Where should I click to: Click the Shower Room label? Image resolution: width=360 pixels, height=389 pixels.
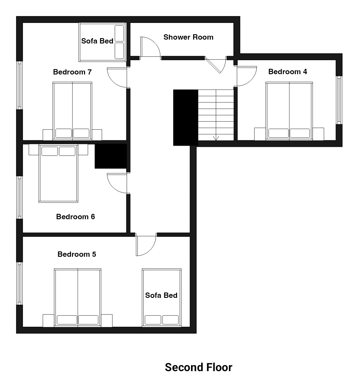188,37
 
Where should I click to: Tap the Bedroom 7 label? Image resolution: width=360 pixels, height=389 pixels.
72,72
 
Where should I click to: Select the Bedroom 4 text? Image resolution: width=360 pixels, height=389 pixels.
288,71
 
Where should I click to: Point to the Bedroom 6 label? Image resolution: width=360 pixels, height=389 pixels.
75,217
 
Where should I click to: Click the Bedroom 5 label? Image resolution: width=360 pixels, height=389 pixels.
77,254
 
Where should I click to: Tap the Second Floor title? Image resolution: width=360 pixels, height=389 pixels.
198,367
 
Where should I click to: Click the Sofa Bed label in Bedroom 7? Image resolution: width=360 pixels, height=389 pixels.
97,41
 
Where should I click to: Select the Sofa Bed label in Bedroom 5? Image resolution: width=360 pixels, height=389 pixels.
161,295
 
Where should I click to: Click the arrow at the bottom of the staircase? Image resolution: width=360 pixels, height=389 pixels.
216,138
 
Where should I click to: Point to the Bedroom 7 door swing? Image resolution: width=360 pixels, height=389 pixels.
113,82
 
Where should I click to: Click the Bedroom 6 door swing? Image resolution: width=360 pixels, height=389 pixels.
113,188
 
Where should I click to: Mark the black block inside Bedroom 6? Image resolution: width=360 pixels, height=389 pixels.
111,156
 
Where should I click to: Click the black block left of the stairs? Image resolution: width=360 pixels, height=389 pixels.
186,118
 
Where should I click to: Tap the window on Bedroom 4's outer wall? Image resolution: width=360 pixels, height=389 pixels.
339,100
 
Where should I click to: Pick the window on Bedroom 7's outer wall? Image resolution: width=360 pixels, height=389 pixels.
19,85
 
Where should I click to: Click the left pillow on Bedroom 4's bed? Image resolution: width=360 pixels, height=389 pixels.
278,133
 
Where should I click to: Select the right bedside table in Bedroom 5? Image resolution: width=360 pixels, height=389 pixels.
107,320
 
